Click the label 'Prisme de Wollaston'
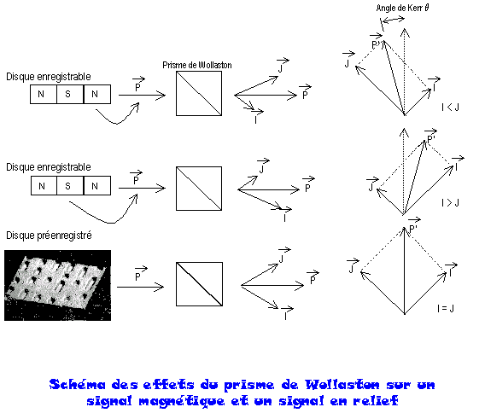(197, 65)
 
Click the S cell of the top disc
(70, 94)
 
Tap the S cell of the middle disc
(70, 185)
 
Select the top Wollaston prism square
(199, 93)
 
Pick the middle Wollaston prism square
(199, 189)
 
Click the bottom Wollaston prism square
(199, 284)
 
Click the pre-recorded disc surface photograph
(57, 285)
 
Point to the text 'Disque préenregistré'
(49, 236)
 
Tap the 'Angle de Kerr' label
(402, 8)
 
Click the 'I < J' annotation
(450, 108)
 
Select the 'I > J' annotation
(450, 203)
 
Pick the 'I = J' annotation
(446, 308)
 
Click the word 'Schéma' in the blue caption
(78, 385)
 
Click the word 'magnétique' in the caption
(182, 402)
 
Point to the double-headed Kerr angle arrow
(393, 20)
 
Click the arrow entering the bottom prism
(140, 288)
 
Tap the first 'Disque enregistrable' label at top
(49, 77)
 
